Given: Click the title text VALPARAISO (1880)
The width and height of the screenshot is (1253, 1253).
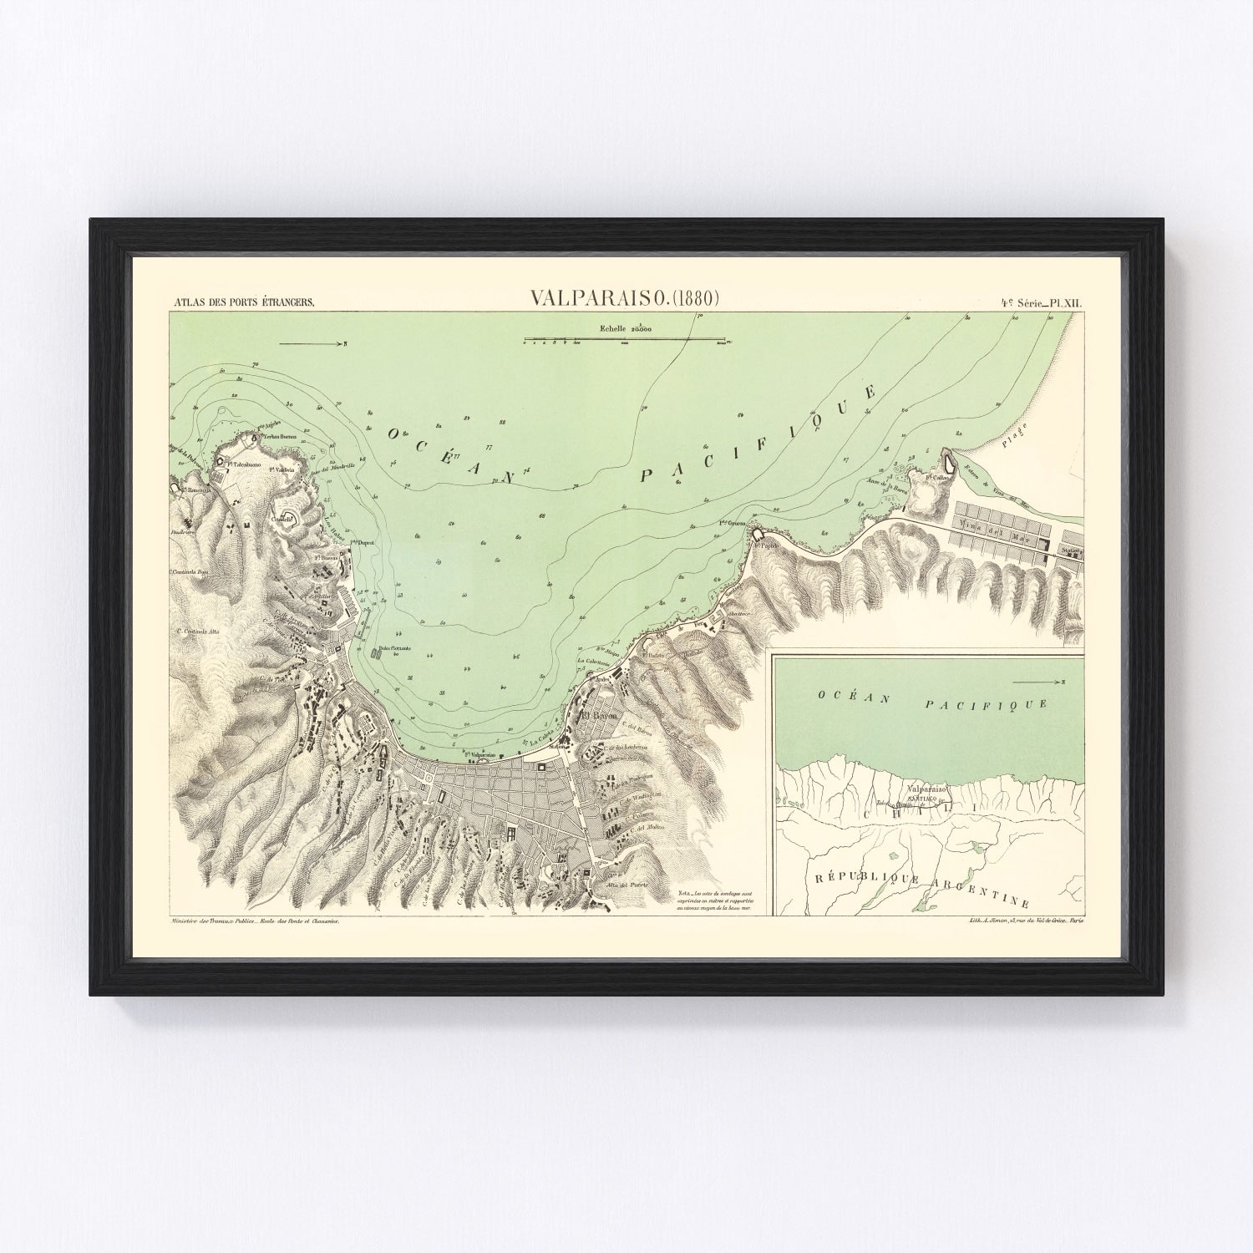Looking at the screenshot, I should [x=625, y=297].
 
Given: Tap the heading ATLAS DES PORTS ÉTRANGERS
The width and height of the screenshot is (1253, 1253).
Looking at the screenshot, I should [x=242, y=302].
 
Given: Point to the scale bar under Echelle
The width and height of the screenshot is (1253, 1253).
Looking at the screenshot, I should [x=624, y=340].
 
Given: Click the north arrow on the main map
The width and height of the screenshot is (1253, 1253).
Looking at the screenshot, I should [x=312, y=343].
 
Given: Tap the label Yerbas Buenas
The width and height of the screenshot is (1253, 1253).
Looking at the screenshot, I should [x=282, y=436].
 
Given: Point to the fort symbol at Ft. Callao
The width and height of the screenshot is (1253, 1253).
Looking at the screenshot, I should [x=949, y=459].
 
